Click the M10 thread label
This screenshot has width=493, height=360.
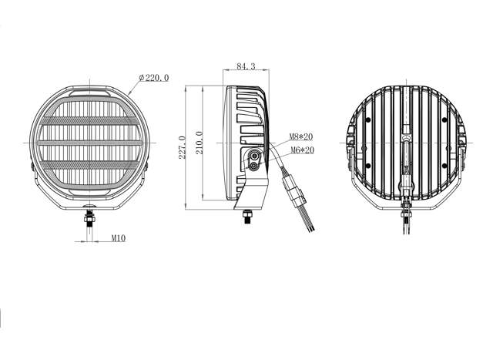pyautogui.click(x=118, y=238)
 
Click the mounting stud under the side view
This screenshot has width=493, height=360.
pyautogui.click(x=248, y=216)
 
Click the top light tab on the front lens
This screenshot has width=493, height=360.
pyautogui.click(x=90, y=99)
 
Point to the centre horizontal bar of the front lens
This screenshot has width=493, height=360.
pyautogui.click(x=90, y=143)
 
